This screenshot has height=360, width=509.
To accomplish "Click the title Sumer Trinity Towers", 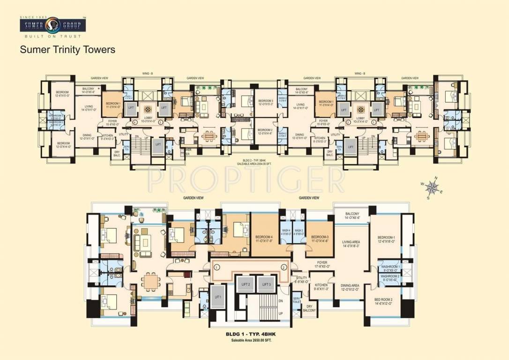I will click(67, 49).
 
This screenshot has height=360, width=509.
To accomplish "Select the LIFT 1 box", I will click(217, 299).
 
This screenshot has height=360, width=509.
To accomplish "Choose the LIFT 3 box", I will click(267, 285).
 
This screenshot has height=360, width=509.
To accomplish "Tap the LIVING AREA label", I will click(351, 244).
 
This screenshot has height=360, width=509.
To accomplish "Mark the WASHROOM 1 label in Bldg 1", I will click(390, 268).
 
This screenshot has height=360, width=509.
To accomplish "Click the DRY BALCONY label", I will click(309, 308).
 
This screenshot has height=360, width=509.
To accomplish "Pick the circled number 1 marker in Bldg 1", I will click(217, 267).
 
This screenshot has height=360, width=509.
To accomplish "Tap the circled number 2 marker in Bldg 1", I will click(284, 267).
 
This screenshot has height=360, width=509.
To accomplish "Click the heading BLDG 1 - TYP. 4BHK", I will click(254, 334).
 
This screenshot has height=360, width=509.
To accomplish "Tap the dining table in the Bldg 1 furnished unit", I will click(151, 281).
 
